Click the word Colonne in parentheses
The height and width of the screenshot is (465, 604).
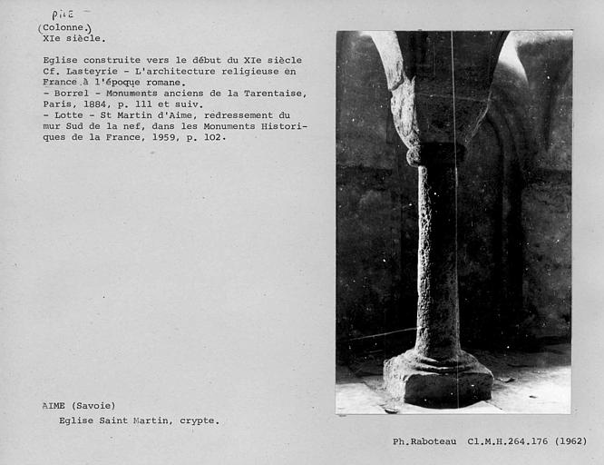pos(65,27)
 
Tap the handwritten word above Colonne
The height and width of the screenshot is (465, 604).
pos(63,15)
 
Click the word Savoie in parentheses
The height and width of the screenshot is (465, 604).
pos(96,406)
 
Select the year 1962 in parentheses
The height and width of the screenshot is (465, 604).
pos(571,442)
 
